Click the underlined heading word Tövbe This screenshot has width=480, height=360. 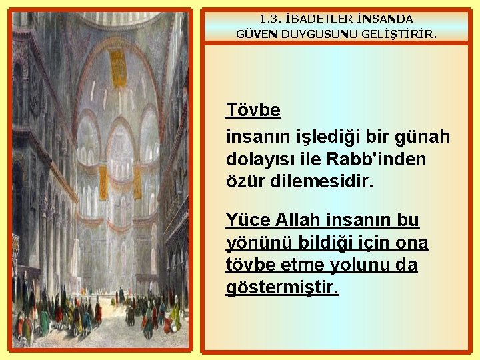pyautogui.click(x=253, y=109)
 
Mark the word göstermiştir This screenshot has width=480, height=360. pyautogui.click(x=283, y=288)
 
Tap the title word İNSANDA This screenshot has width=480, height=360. pyautogui.click(x=385, y=19)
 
